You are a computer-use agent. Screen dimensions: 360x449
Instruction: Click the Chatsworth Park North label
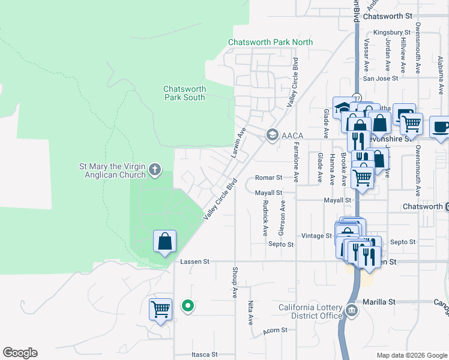270,42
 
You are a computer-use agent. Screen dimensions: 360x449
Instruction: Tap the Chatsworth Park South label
184,93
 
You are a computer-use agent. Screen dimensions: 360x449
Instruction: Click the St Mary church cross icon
155,170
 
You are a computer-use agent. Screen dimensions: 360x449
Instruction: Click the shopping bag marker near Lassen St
165,242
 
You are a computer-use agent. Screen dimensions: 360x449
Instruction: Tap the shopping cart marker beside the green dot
160,310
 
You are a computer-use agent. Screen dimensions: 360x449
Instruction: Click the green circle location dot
188,307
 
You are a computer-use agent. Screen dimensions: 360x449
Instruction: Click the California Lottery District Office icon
351,310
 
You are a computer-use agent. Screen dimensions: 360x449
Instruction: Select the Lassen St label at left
194,262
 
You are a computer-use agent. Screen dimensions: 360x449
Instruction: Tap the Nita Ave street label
251,313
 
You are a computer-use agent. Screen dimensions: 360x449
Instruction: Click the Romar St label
268,178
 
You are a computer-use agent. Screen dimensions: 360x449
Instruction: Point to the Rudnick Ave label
265,218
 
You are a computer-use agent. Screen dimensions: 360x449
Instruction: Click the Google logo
20,353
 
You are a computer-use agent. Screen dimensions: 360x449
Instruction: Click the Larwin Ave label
239,142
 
